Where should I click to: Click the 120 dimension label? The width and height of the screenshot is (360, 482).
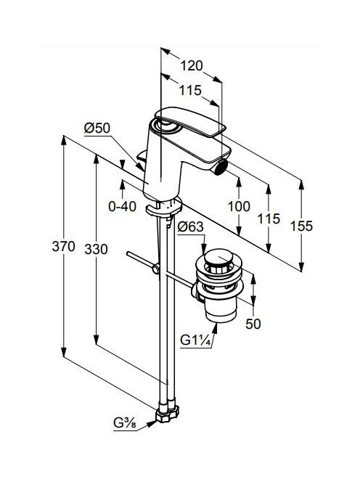192,66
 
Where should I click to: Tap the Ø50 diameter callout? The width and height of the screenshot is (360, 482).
97,128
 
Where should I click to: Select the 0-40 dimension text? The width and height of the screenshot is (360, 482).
123,206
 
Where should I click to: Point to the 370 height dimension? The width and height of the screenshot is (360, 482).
63,246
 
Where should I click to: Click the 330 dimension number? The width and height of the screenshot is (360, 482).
97,249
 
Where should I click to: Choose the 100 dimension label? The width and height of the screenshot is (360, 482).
239,206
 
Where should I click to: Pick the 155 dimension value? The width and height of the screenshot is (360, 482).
302,226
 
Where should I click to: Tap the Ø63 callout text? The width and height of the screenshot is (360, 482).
191,227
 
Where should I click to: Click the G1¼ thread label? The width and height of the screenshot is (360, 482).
196,340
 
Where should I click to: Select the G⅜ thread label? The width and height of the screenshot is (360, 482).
125,423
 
